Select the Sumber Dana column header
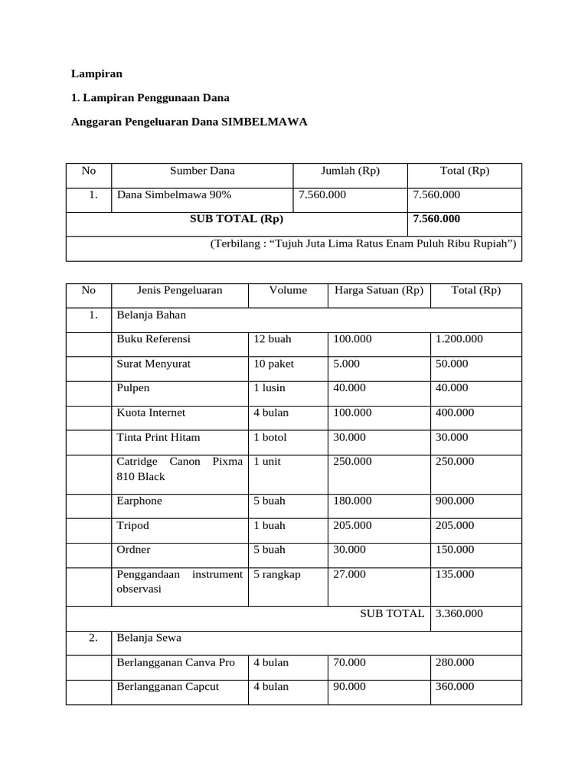tap(202, 171)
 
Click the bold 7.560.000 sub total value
tap(436, 219)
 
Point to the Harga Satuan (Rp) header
tap(378, 290)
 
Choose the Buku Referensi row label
tap(153, 339)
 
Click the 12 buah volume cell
tap(273, 339)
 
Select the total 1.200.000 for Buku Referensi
tap(459, 339)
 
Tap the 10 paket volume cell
tap(274, 364)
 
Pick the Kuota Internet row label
tap(151, 413)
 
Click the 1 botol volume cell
tap(272, 437)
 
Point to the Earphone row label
tap(139, 501)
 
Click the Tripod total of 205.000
tap(455, 525)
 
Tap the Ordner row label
tap(134, 550)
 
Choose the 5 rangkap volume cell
tap(277, 574)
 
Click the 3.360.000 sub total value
tap(459, 613)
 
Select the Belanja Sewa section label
tap(149, 638)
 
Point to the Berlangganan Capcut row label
tap(168, 687)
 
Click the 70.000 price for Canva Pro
tap(350, 662)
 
